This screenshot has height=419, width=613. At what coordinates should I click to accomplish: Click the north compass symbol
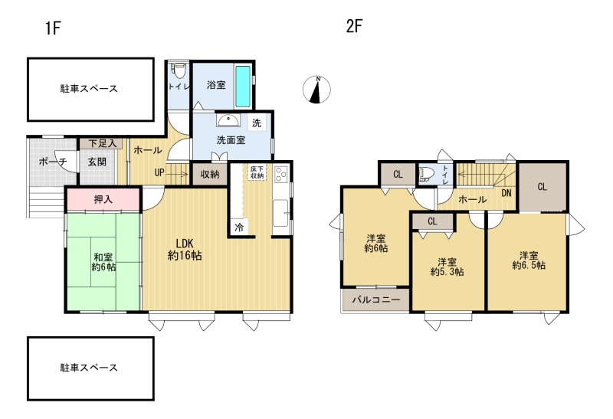pyautogui.click(x=316, y=90)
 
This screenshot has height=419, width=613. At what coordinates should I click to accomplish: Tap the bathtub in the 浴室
pyautogui.click(x=243, y=87)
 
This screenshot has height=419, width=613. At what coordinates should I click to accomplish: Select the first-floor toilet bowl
pyautogui.click(x=179, y=71)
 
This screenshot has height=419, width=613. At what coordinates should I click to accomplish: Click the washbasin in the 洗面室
pyautogui.click(x=230, y=120)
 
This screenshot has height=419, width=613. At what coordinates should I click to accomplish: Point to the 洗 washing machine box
pyautogui.click(x=257, y=123)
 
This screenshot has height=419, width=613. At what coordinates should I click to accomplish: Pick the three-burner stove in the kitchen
pyautogui.click(x=281, y=175)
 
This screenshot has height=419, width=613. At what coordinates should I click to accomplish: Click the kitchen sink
pyautogui.click(x=281, y=213)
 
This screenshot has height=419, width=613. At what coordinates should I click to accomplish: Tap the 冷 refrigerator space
pyautogui.click(x=239, y=227)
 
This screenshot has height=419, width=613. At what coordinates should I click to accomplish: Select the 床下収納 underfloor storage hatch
pyautogui.click(x=257, y=172)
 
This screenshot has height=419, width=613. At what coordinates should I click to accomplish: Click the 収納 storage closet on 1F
pyautogui.click(x=209, y=174)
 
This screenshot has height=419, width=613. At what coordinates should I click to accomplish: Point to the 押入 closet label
pyautogui.click(x=103, y=199)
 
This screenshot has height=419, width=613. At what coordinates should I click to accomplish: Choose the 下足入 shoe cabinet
pyautogui.click(x=103, y=143)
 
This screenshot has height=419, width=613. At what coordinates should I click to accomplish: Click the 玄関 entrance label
pyautogui.click(x=97, y=162)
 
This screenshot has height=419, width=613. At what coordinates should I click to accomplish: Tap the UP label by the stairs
pyautogui.click(x=159, y=172)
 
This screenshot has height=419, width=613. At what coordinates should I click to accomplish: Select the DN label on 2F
pyautogui.click(x=506, y=193)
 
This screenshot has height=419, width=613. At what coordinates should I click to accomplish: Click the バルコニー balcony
pyautogui.click(x=376, y=300)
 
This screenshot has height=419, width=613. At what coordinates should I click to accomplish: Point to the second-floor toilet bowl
pyautogui.click(x=425, y=174)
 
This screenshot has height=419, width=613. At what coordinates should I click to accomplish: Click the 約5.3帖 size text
pyautogui.click(x=447, y=272)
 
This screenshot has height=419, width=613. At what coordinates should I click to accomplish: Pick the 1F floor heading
pyautogui.click(x=53, y=28)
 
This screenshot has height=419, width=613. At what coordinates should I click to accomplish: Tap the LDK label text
pyautogui.click(x=185, y=243)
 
